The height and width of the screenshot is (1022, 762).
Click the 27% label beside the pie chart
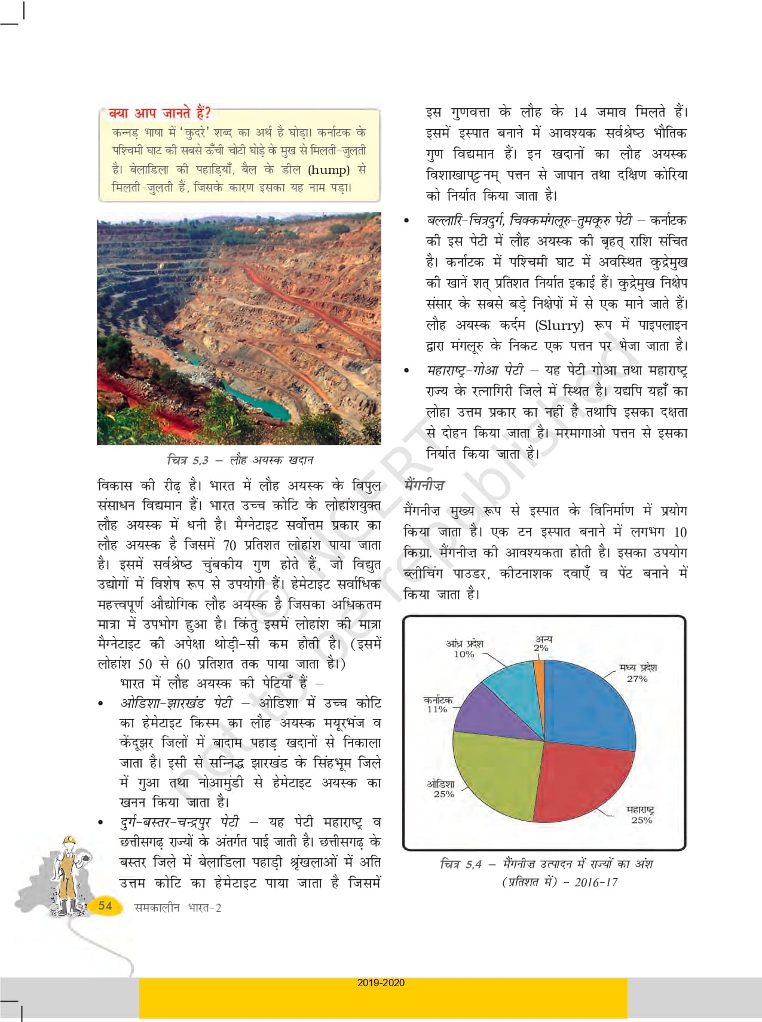[x=637, y=679]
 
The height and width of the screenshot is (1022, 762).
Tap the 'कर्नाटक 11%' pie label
[x=437, y=705]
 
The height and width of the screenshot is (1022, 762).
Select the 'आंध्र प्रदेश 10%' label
[x=464, y=648]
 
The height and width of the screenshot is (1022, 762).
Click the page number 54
[x=105, y=905]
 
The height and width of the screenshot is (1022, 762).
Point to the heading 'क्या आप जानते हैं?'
[x=159, y=113]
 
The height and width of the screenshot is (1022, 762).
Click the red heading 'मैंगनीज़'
[x=424, y=485]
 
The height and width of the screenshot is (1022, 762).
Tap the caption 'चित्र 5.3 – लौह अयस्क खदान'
[x=240, y=460]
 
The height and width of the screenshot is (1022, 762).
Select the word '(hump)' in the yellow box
[x=329, y=170]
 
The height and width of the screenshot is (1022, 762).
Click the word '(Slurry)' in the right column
[x=559, y=326]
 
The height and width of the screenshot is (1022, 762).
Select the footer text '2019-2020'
[x=381, y=983]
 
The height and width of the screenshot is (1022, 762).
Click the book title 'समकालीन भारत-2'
[x=178, y=908]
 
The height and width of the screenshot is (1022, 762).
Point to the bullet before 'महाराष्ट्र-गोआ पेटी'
[x=407, y=371]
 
